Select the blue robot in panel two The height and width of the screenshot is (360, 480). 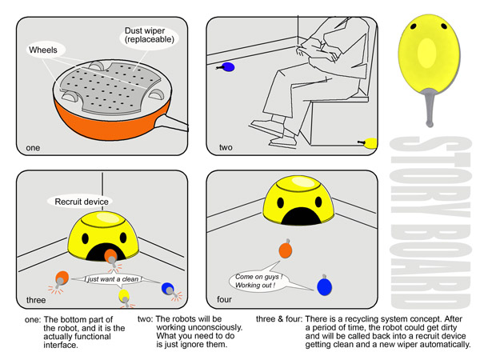[228, 68]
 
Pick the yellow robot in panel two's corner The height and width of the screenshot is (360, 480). [370, 143]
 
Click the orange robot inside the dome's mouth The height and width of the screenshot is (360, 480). [109, 256]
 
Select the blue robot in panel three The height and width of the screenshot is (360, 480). [167, 288]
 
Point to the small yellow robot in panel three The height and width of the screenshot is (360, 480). [124, 296]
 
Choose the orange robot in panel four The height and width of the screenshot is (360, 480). [285, 249]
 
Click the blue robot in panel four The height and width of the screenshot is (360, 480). [324, 285]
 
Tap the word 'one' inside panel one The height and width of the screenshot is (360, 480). [32, 147]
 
